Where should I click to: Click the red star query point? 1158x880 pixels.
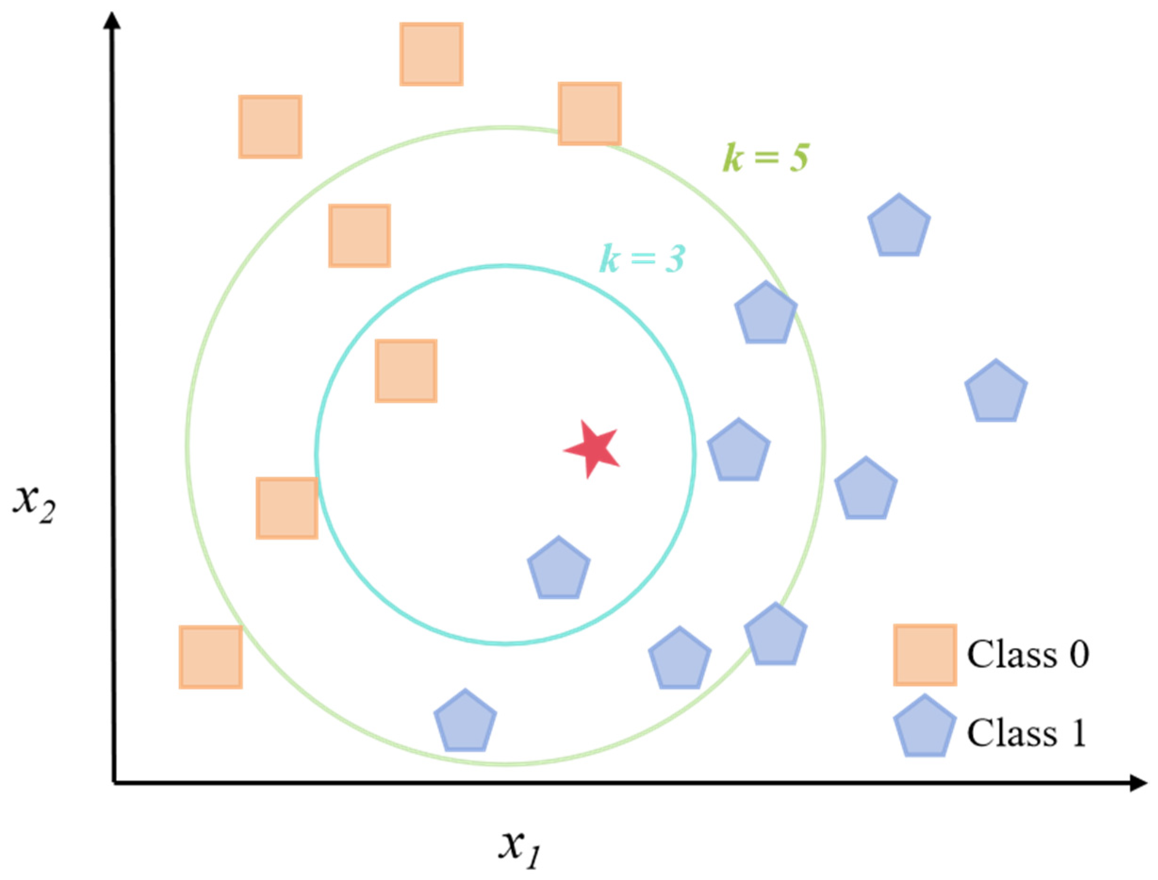[x=591, y=449]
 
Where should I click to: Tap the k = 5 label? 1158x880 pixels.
[x=766, y=157]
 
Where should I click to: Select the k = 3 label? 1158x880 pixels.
[x=642, y=258]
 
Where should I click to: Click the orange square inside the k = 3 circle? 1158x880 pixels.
[x=406, y=371]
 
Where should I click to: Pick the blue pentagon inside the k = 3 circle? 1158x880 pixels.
[x=558, y=569]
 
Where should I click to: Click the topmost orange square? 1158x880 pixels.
[x=431, y=54]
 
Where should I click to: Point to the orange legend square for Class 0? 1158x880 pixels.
[x=925, y=655]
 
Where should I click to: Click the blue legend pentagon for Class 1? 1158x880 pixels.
[x=925, y=727]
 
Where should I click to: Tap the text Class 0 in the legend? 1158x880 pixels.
[x=1027, y=655]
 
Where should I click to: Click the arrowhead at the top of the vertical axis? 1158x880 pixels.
[x=112, y=21]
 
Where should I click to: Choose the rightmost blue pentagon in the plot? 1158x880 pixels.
[x=996, y=392]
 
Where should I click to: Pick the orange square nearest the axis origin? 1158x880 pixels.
[x=211, y=657]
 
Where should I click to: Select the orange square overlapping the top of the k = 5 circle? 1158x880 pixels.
[x=590, y=114]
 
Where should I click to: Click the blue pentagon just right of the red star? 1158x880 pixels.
[x=738, y=451]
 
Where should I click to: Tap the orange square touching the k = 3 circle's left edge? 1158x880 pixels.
[x=287, y=508]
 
